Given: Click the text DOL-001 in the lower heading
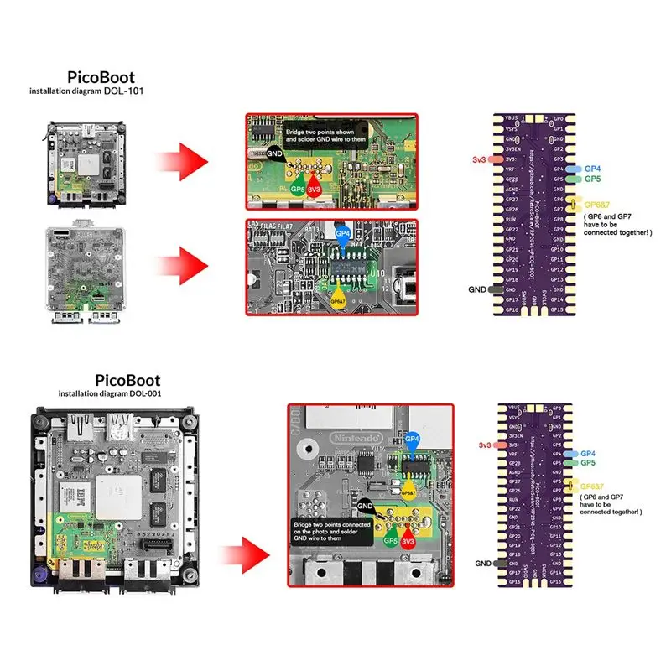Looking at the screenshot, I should point(143,393).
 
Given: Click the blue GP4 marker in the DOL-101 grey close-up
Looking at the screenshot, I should point(342,235).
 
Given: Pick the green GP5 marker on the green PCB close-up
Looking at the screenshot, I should point(297,189).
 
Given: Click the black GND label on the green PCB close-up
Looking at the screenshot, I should point(275,154).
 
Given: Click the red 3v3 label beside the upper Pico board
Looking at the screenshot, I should point(481,158).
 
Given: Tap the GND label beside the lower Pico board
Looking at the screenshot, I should point(484,564).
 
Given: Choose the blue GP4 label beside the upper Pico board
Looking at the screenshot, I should point(593,169).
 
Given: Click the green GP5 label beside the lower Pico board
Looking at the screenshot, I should point(588,462).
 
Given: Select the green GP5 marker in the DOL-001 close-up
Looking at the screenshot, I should point(390,541).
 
